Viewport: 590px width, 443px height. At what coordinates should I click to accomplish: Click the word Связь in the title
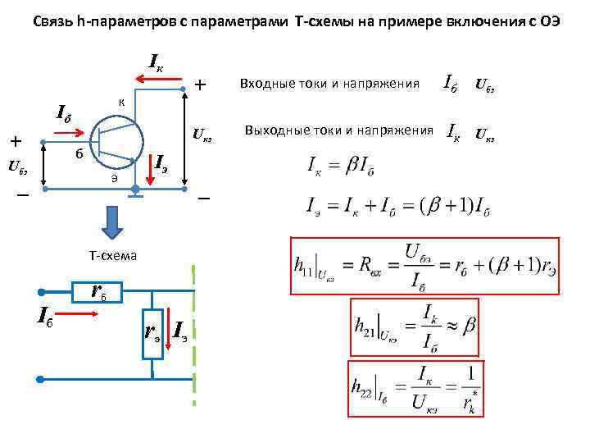point(52,21)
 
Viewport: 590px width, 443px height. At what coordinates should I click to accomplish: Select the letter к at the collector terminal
point(120,103)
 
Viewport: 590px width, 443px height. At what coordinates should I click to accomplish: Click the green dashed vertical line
point(194,336)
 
